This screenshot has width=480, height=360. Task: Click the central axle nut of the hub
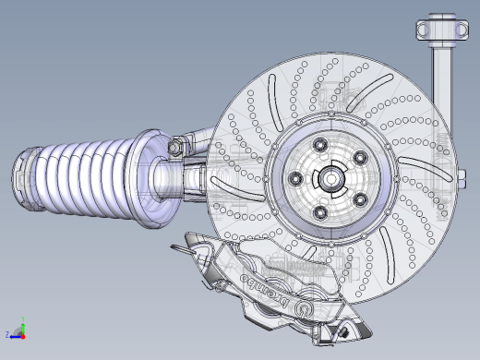(331, 178)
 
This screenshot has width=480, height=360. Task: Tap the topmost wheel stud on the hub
(320, 144)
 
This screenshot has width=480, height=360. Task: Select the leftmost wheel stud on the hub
(296, 178)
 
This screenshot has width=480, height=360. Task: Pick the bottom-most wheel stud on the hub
(320, 213)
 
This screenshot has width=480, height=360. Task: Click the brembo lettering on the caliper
(265, 290)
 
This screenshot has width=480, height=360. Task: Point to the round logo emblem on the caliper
(303, 308)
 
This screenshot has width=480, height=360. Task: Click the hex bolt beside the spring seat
(174, 147)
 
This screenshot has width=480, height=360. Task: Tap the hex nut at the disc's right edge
(462, 178)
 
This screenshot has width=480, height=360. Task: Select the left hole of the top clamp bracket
(424, 30)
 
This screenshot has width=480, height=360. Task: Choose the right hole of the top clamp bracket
(461, 30)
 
